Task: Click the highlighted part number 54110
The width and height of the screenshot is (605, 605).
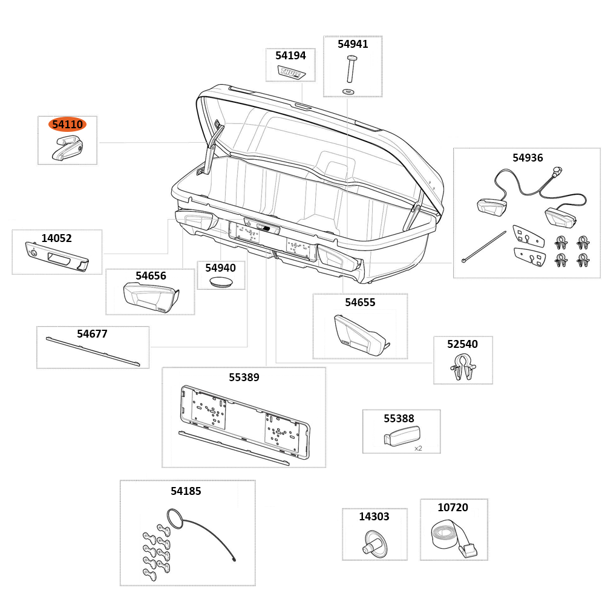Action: coord(67,125)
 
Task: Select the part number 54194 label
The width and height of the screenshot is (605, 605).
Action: coord(290,56)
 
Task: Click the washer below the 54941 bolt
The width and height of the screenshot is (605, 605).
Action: coord(348,91)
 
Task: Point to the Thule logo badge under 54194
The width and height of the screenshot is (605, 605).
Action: coord(292,73)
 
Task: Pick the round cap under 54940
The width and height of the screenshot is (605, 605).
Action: coord(221,282)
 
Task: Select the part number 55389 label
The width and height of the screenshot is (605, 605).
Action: coord(244,378)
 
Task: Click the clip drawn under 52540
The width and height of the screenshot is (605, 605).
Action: coord(463,367)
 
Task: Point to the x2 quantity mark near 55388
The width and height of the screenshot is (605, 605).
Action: coord(418,448)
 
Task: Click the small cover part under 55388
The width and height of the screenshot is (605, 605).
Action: coord(401,436)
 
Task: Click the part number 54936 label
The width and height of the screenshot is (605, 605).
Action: coord(528,158)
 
